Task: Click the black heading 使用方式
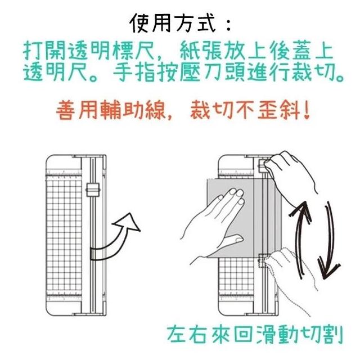173,23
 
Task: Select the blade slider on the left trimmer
93,190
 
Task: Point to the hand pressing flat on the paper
216,220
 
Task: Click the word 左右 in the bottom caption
187,334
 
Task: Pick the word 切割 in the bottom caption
322,334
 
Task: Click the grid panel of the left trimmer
64,235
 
